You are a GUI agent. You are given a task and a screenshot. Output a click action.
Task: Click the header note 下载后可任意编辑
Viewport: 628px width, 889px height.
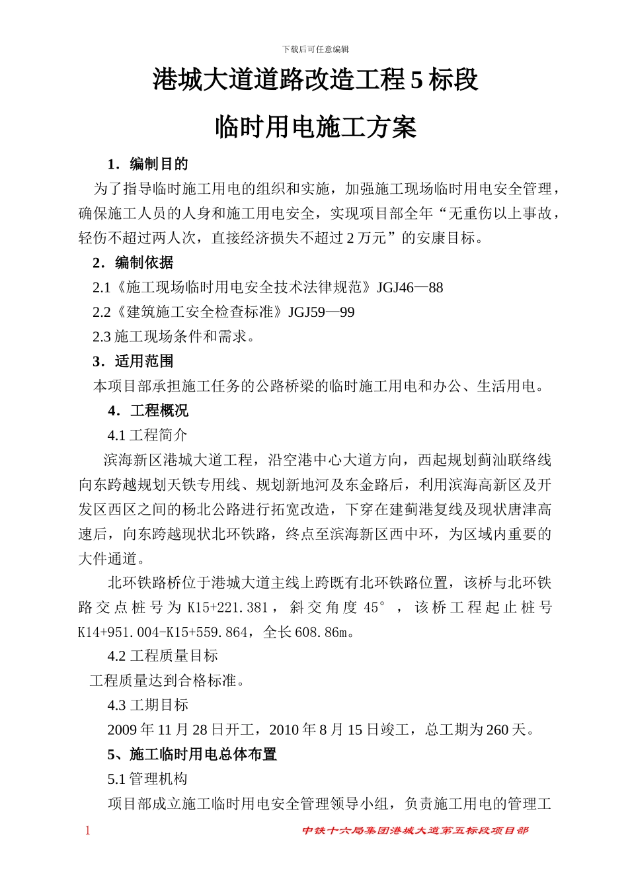tap(315, 49)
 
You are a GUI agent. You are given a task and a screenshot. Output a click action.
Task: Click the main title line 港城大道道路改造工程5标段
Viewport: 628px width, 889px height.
tap(315, 81)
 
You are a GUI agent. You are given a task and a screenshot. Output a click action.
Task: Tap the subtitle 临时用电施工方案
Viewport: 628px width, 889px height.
tap(315, 126)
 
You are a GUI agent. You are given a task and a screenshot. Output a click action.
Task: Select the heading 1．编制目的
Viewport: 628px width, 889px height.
tap(149, 164)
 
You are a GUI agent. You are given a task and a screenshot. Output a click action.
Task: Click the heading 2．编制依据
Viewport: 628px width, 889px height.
tap(134, 263)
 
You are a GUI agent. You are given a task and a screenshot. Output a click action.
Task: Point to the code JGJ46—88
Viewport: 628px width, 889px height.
tap(410, 287)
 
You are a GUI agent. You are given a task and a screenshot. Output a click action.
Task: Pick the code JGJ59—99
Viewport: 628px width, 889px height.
tap(321, 312)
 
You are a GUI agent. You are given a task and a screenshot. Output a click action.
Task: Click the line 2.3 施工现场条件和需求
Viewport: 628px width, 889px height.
tap(174, 337)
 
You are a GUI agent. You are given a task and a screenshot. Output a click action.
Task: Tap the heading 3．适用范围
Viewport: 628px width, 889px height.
tap(134, 361)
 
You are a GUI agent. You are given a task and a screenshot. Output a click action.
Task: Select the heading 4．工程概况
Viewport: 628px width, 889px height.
tap(149, 411)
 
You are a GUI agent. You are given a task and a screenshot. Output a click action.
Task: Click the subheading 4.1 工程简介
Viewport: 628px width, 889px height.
tap(147, 435)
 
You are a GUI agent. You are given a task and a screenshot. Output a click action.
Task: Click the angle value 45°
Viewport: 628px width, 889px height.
tap(374, 607)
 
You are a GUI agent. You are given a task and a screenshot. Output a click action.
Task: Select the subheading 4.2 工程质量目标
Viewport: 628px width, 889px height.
tap(163, 656)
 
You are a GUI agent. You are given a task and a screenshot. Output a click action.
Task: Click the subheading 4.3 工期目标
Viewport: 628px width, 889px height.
tap(148, 705)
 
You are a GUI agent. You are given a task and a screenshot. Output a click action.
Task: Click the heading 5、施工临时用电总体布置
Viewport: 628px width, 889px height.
tap(192, 754)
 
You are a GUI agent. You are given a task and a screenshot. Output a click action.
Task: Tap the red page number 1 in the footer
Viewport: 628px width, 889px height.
tap(87, 831)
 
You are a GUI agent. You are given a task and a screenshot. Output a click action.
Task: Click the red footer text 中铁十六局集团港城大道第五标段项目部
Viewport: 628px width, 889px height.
tap(415, 831)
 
